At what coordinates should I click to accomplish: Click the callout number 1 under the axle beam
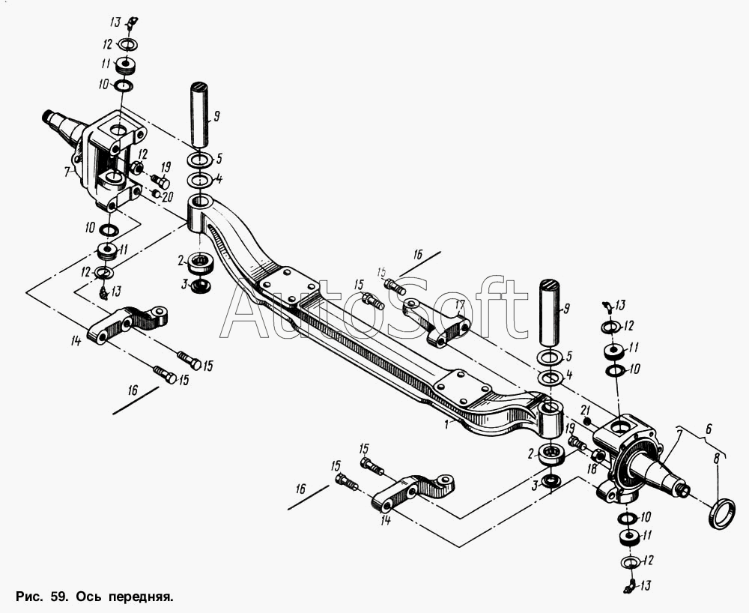pyautogui.click(x=446, y=423)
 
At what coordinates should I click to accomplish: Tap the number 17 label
pyautogui.click(x=459, y=304)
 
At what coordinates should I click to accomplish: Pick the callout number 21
pyautogui.click(x=586, y=410)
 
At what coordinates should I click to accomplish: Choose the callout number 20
pyautogui.click(x=168, y=196)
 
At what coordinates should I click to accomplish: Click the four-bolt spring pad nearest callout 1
pyautogui.click(x=463, y=390)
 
